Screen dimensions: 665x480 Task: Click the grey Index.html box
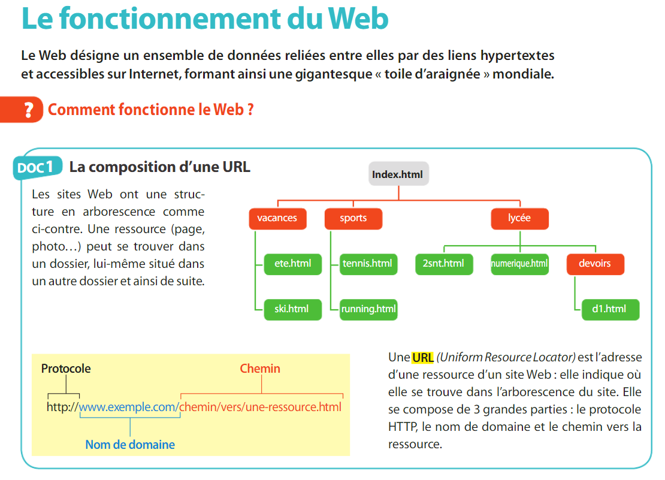(x=398, y=174)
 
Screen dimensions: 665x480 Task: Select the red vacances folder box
(x=277, y=218)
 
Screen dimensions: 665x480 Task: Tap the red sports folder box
(x=353, y=218)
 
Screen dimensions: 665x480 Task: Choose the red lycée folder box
(x=519, y=218)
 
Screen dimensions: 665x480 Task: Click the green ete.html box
(x=292, y=263)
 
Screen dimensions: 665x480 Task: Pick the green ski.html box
(x=292, y=309)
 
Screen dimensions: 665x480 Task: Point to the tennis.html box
(x=368, y=263)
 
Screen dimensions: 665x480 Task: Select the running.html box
(x=368, y=309)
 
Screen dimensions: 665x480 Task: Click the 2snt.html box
(x=444, y=263)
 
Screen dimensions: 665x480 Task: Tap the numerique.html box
(x=519, y=263)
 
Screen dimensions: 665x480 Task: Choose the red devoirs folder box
(x=595, y=263)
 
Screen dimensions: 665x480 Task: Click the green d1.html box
(x=610, y=309)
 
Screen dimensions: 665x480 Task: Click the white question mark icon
(x=28, y=110)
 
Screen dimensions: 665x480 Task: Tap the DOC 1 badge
(x=38, y=168)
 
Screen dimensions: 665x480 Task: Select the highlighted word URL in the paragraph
(x=422, y=358)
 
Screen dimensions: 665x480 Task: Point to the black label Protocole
(x=66, y=369)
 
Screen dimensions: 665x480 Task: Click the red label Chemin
(x=260, y=369)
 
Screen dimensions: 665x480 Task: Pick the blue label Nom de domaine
(x=130, y=445)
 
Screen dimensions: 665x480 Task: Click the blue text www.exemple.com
(x=128, y=407)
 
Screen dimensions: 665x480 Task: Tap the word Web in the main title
(x=358, y=19)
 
